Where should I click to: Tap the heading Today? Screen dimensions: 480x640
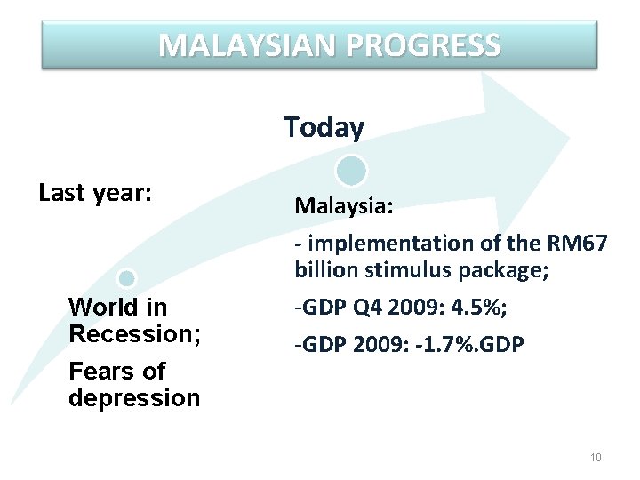click(x=324, y=128)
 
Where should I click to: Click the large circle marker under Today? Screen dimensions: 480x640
click(x=352, y=170)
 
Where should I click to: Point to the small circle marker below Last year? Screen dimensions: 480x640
click(x=127, y=278)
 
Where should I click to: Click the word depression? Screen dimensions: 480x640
click(x=134, y=397)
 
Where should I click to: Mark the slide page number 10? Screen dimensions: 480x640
click(x=596, y=458)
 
